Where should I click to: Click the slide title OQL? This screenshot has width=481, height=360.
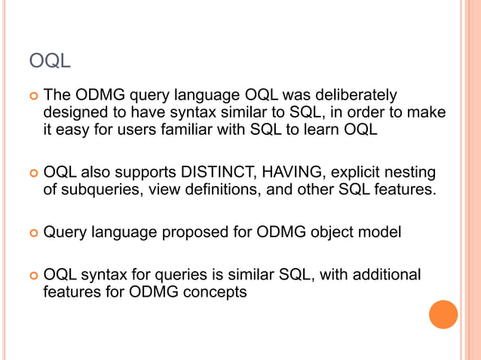click(50, 60)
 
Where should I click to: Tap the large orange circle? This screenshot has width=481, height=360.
click(443, 314)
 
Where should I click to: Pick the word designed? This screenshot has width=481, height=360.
click(74, 113)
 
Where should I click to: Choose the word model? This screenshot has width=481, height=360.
click(380, 232)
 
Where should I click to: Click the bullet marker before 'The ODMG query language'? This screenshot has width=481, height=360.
click(32, 97)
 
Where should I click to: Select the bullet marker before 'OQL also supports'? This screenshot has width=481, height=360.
click(32, 173)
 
